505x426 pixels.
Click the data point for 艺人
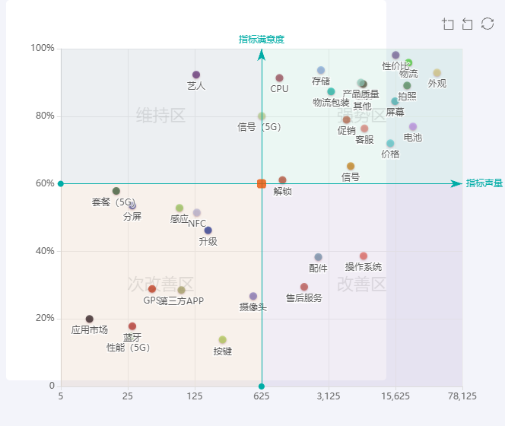pos(196,75)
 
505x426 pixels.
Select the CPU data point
pos(279,78)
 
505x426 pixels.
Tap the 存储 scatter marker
pos(321,71)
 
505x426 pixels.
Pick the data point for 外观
pos(437,73)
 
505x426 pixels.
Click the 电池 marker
pos(413,127)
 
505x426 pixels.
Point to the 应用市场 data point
pos(90,319)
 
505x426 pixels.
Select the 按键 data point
pos(223,340)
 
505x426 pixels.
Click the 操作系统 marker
pos(364,256)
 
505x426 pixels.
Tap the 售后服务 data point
pos(304,287)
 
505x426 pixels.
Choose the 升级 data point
pos(208,230)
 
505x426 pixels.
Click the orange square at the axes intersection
pos(262,183)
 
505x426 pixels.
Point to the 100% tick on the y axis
pos(43,49)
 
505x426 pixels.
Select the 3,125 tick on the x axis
pos(329,396)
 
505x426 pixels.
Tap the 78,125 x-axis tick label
pos(462,396)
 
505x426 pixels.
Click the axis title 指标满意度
pos(262,40)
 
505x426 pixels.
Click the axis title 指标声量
pos(484,183)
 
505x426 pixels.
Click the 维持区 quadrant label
pos(160,116)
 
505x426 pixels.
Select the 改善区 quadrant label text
pos(362,285)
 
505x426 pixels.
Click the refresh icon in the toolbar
pos(488,24)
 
